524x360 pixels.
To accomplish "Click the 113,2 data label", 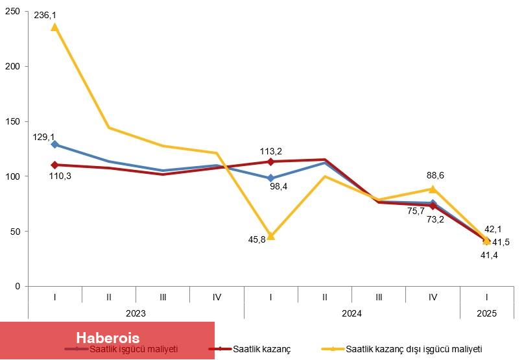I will click(x=271, y=151).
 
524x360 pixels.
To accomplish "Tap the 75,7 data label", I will click(x=416, y=210).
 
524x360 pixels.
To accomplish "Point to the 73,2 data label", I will click(x=435, y=219).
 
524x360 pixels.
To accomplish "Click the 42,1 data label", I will click(x=492, y=229).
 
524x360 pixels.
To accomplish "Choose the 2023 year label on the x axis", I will click(x=136, y=313).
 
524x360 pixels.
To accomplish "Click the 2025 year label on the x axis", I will click(x=486, y=313).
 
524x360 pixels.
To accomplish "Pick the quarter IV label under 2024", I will click(x=433, y=296).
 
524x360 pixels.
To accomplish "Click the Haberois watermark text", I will click(x=108, y=338).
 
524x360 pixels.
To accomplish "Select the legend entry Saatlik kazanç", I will click(x=262, y=349).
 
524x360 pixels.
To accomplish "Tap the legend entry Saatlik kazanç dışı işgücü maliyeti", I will click(x=414, y=349).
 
